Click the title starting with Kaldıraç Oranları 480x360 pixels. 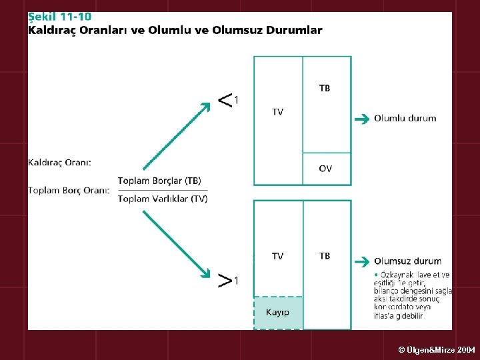tap(175, 30)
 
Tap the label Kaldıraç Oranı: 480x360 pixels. tap(60, 162)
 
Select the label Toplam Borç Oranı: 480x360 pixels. tap(69, 190)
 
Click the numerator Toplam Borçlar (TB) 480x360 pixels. tap(159, 181)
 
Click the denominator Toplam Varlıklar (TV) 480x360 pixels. tap(163, 199)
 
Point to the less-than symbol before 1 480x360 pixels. tap(225, 100)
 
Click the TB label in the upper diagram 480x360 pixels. tap(325, 88)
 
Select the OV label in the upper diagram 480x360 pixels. tap(325, 169)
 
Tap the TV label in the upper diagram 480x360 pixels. tap(277, 112)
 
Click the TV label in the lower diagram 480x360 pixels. tap(277, 256)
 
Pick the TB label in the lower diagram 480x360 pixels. tap(325, 256)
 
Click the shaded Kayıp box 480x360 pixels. tap(278, 312)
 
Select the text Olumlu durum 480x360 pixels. tap(405, 118)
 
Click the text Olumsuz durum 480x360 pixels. tap(407, 261)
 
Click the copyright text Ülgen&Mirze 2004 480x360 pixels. tap(437, 349)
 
